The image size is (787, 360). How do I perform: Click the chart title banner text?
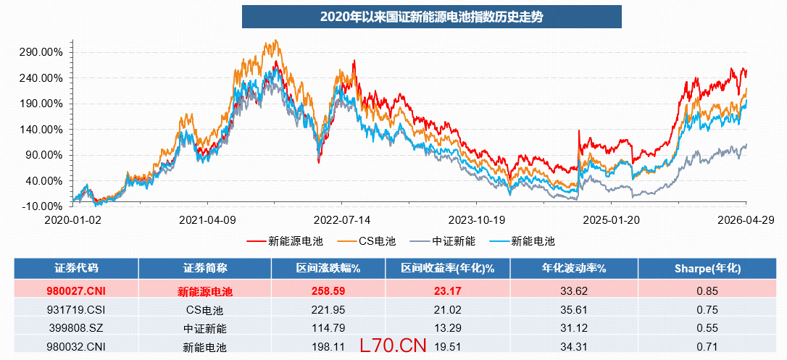point(432,17)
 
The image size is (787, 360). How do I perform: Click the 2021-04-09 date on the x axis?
point(207,219)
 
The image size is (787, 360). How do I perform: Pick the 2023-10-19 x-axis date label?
point(477,219)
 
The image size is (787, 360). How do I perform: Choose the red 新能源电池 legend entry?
point(285,241)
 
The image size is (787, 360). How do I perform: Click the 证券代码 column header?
point(76,268)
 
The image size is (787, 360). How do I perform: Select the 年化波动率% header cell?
point(574,268)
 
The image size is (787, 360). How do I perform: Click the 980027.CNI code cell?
point(76,290)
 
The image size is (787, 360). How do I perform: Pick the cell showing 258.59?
point(328,290)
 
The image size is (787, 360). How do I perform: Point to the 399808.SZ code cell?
point(76,328)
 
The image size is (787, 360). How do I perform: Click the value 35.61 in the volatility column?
point(574,310)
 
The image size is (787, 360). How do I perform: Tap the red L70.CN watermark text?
point(393,345)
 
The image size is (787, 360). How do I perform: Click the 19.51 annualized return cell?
point(448,346)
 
